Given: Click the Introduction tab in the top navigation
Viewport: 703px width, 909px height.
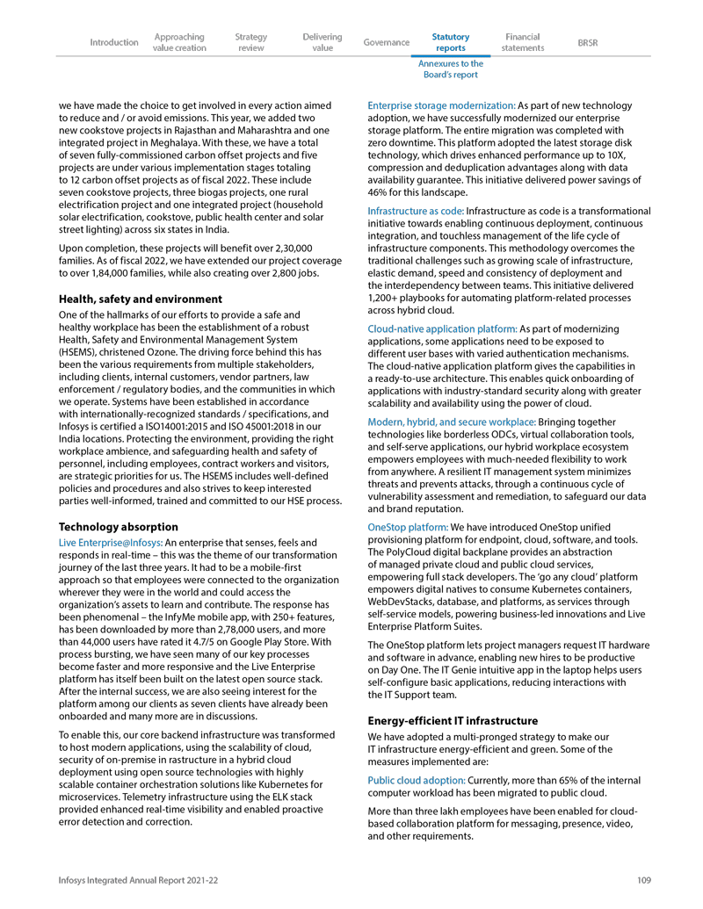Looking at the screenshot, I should [114, 42].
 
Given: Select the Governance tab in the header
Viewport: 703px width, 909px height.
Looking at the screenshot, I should [387, 42].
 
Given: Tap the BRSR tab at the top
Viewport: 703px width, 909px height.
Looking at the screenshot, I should [588, 42].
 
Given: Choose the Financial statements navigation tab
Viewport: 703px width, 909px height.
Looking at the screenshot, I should [523, 42].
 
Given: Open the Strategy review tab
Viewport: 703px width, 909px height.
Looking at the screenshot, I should [251, 42].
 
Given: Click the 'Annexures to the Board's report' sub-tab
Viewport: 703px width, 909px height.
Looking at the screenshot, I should [451, 69].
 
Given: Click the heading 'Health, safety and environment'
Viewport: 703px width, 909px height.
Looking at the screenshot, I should [140, 299].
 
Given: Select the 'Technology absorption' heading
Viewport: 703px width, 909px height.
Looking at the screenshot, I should [118, 527].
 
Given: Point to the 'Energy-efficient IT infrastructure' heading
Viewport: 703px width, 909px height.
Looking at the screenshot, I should [453, 721].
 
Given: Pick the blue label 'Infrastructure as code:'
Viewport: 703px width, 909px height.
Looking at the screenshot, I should [415, 211].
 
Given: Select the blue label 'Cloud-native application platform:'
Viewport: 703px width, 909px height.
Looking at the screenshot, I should [442, 329].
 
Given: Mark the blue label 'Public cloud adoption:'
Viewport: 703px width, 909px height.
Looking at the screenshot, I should [416, 781].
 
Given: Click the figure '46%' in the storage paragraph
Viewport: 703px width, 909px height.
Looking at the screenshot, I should [378, 191].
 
